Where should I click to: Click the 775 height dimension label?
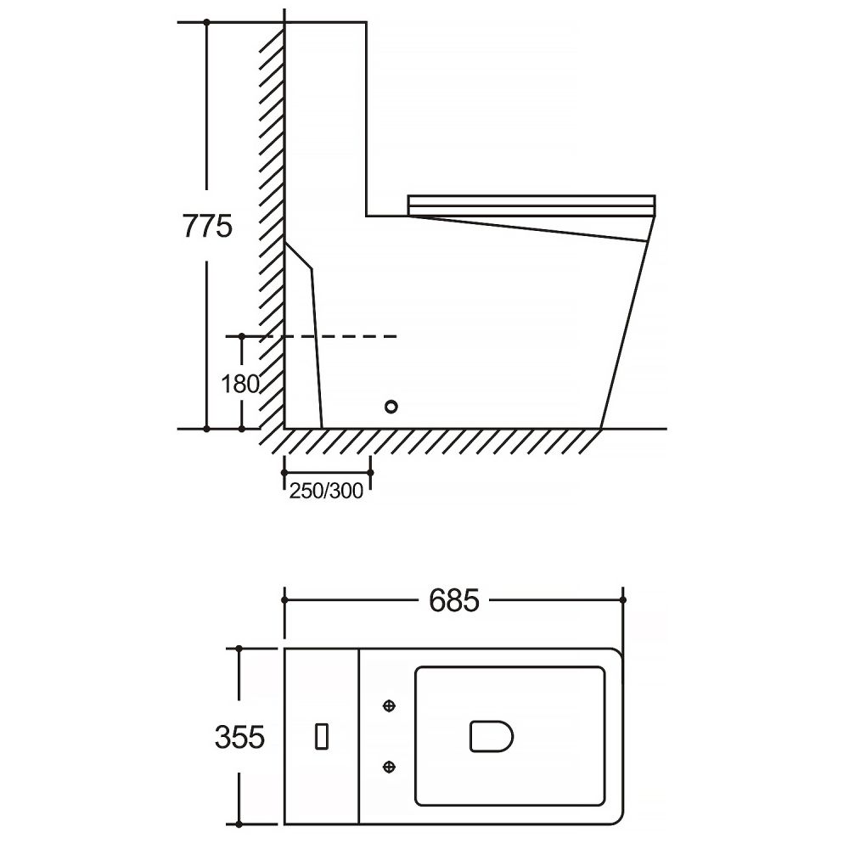pyautogui.click(x=207, y=227)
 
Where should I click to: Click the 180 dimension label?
pyautogui.click(x=240, y=384)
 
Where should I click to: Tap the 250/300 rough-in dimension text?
pyautogui.click(x=326, y=491)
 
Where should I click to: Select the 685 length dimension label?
pyautogui.click(x=453, y=600)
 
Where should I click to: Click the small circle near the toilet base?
pyautogui.click(x=391, y=406)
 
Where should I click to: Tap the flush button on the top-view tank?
pyautogui.click(x=322, y=736)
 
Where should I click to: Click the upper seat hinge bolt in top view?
pyautogui.click(x=389, y=706)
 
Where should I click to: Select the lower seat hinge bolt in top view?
pyautogui.click(x=389, y=766)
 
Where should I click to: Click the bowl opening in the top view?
pyautogui.click(x=491, y=736)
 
